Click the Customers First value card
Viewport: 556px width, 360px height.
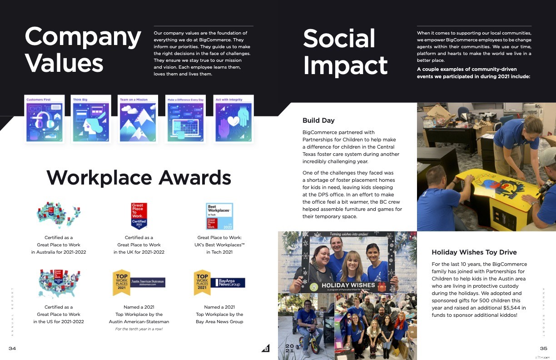(x=44, y=119)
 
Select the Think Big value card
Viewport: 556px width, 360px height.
(x=91, y=119)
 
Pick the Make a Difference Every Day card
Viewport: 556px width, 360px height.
(x=185, y=119)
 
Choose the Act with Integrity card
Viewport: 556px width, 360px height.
(x=233, y=119)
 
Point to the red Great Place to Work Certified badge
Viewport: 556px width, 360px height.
(x=139, y=216)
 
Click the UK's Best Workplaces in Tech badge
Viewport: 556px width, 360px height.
(x=219, y=216)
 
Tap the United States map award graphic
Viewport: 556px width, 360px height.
(x=59, y=284)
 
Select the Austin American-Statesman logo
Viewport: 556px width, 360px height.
(x=148, y=282)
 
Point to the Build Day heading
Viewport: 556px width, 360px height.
(x=318, y=120)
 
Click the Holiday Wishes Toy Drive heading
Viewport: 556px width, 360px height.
(x=474, y=252)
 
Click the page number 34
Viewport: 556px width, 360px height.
(x=12, y=348)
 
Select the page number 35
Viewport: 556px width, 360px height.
(x=543, y=348)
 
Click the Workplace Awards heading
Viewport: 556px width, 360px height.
(x=139, y=177)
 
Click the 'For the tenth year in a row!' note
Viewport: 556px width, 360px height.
(x=139, y=329)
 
